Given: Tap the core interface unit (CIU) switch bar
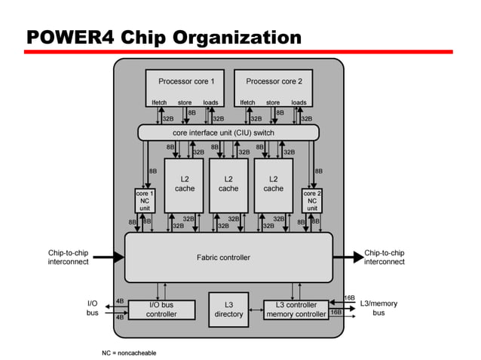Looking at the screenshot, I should tap(228, 133).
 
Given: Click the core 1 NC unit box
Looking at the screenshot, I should tap(145, 200).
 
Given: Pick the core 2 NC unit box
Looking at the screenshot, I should tap(312, 200).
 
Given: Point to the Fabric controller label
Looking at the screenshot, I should tap(223, 258).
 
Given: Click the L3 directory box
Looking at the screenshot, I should tap(228, 310).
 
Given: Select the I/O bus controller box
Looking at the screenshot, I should tap(161, 310).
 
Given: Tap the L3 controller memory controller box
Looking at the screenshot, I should tap(296, 310).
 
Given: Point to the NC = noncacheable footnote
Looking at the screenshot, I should tap(129, 352).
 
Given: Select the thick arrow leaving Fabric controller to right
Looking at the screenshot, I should tap(348, 258).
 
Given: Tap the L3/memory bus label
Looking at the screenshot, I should tap(378, 308).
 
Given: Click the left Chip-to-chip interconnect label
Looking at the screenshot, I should tap(68, 258).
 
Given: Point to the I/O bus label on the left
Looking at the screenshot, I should tap(92, 308).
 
